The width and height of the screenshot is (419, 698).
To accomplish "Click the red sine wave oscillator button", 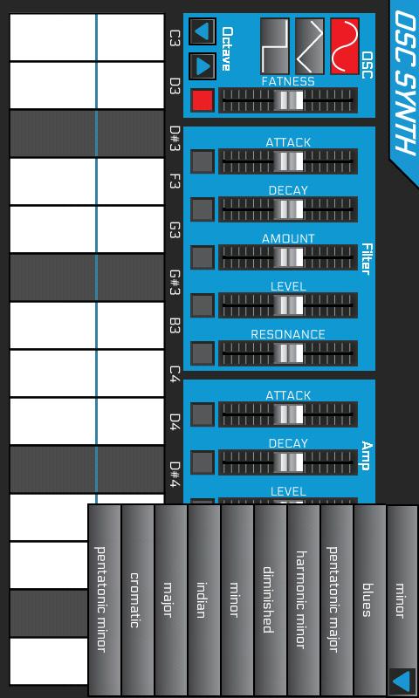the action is click(x=345, y=46).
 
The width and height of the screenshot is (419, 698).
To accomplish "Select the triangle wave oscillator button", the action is click(x=310, y=46).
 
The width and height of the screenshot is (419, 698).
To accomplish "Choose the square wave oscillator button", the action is click(x=274, y=46).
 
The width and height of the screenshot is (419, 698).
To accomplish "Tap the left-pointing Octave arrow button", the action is click(x=203, y=31).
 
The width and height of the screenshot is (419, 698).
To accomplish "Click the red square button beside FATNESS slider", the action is click(x=203, y=100).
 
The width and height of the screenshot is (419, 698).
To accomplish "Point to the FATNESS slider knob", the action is click(x=289, y=100).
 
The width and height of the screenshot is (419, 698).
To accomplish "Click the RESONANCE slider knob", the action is click(x=289, y=353).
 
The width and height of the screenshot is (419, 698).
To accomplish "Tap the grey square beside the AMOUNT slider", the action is click(x=203, y=257).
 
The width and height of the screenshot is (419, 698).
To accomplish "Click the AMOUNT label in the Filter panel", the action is click(x=288, y=238).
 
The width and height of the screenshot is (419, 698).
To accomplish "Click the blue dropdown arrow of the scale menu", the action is click(x=402, y=681).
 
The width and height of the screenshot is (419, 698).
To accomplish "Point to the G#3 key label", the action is click(x=175, y=280).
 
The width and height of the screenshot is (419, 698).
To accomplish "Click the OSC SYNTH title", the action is click(x=405, y=83).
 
